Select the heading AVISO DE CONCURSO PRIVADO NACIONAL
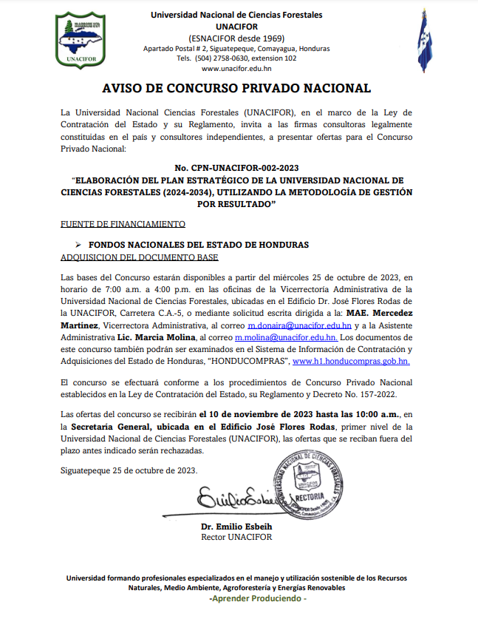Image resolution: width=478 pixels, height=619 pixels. pyautogui.click(x=236, y=89)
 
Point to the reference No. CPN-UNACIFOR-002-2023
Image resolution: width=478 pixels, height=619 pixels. pyautogui.click(x=236, y=169)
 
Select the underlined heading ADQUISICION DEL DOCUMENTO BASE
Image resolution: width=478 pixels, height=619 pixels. pyautogui.click(x=138, y=258)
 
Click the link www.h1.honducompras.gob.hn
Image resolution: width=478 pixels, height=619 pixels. pyautogui.click(x=351, y=362)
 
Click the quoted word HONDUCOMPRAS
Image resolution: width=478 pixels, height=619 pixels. pyautogui.click(x=249, y=362)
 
